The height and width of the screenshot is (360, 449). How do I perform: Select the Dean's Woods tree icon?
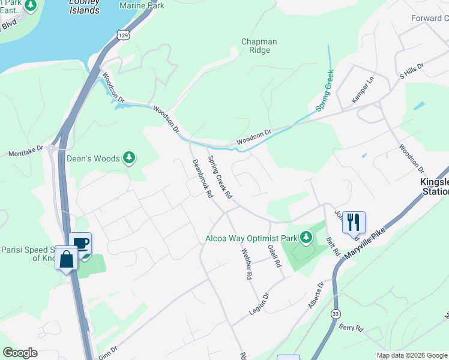point(128,158)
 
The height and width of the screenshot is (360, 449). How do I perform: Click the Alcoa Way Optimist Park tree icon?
point(306,238)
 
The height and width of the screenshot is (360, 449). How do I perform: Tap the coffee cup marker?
point(80,243)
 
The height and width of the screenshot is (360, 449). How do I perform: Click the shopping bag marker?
point(66,260)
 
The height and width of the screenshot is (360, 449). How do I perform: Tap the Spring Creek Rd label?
point(220,178)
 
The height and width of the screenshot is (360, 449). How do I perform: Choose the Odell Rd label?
point(274,254)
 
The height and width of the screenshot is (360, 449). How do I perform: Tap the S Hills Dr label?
point(411,71)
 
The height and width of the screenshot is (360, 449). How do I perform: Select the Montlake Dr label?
point(26,150)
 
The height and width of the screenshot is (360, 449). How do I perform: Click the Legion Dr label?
point(259,305)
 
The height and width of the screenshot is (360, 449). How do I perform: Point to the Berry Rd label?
point(351,328)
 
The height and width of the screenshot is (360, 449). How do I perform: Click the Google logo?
point(20,352)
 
